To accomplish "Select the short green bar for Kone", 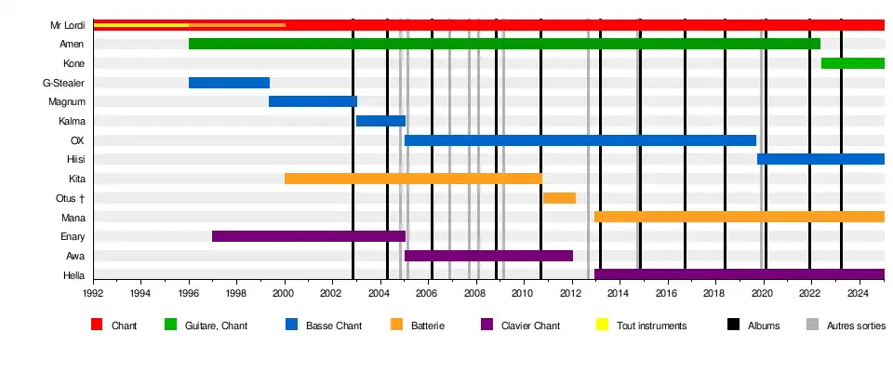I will coord(852,63).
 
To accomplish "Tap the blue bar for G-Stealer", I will coord(229,83).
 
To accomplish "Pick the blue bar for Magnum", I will coord(313,101).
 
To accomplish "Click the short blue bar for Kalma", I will coord(380,121).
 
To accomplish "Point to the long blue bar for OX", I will coord(580,140).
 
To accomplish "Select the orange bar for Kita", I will coord(413,179).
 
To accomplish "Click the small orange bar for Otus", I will coord(559,198).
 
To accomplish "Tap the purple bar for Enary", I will coord(308,236).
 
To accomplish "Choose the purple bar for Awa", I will coord(488,256).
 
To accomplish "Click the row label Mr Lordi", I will coord(68,25).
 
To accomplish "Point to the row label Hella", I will coord(73,275).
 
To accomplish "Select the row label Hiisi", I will coord(75,160).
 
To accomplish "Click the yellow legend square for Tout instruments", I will coord(602,325).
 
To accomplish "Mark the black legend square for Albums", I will coord(732,325).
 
